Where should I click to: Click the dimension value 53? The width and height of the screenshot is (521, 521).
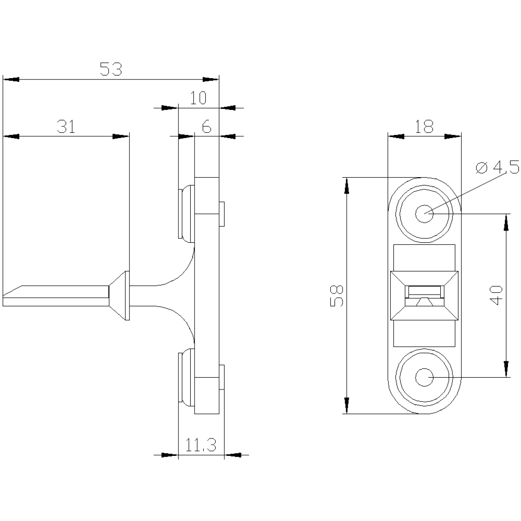click(x=111, y=69)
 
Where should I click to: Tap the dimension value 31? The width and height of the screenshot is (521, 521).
click(x=66, y=126)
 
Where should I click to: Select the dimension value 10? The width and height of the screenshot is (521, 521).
click(x=198, y=98)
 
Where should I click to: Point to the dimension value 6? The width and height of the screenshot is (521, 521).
click(x=207, y=126)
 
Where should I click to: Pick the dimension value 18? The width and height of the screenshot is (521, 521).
click(x=424, y=126)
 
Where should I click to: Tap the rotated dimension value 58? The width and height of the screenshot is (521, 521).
click(x=336, y=296)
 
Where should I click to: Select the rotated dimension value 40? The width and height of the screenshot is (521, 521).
click(x=496, y=295)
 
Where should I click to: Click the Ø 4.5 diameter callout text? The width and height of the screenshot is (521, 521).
click(x=497, y=167)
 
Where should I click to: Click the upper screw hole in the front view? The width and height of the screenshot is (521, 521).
click(x=424, y=214)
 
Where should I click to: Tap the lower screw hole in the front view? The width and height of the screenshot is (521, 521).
click(x=424, y=377)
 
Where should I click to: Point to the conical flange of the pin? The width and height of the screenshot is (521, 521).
click(x=119, y=296)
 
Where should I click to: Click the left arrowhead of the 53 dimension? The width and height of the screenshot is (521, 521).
click(x=11, y=79)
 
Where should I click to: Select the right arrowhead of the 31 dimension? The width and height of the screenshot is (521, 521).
click(x=121, y=136)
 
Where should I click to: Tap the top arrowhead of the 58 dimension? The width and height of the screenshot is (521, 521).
click(x=346, y=186)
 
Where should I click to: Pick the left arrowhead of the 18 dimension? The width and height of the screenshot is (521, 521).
click(x=396, y=136)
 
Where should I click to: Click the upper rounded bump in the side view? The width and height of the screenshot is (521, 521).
click(x=187, y=214)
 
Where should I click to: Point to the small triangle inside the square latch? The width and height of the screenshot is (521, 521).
click(x=425, y=302)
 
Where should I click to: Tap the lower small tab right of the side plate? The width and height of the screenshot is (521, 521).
click(x=221, y=377)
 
